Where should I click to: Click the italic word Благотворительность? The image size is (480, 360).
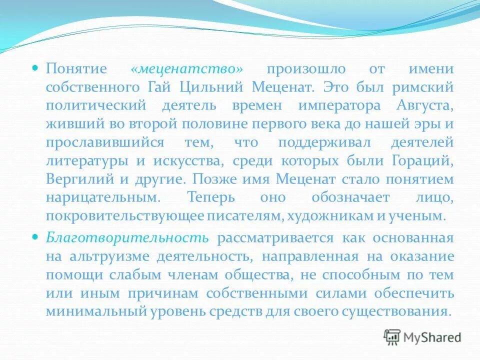tap(127, 237)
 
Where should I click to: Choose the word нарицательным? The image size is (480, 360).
tap(103, 197)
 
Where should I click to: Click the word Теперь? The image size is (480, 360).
tap(210, 197)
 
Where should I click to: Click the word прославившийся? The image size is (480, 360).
tap(104, 142)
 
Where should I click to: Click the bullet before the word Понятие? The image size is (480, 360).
tap(35, 67)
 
